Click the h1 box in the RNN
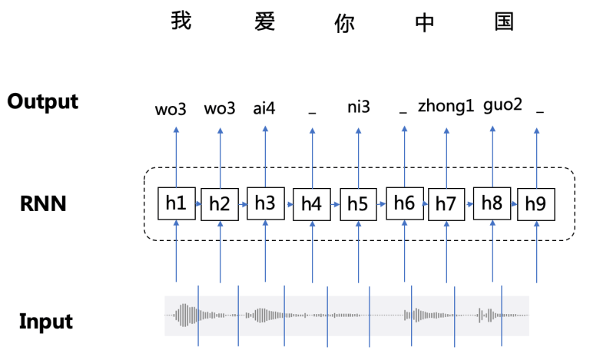click(x=176, y=203)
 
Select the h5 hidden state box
click(x=358, y=204)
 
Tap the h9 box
click(x=535, y=204)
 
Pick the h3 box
click(x=265, y=203)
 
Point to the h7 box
click(x=446, y=204)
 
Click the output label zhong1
click(x=446, y=107)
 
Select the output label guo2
click(x=503, y=105)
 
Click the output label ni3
click(x=358, y=107)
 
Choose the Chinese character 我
click(x=181, y=21)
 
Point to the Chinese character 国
click(x=504, y=21)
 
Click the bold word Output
click(x=43, y=101)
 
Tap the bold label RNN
click(x=44, y=204)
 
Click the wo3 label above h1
click(x=171, y=108)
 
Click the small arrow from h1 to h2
click(x=198, y=204)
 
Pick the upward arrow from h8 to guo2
click(x=492, y=154)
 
